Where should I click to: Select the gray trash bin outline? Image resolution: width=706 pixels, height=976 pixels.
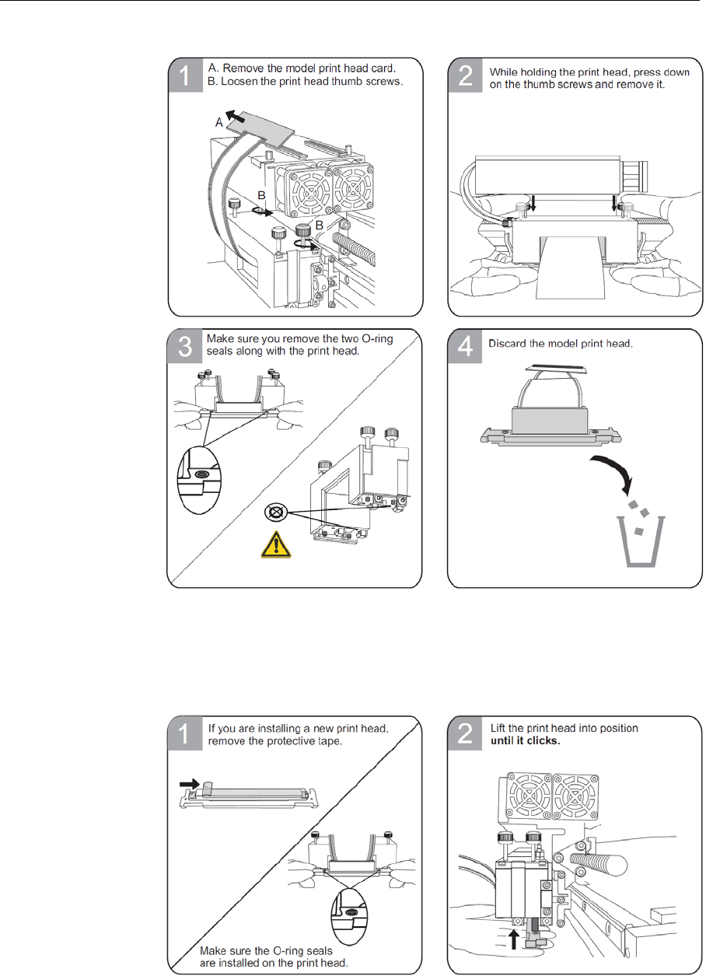click(639, 542)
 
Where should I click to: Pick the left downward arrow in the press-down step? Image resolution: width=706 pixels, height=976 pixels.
click(523, 204)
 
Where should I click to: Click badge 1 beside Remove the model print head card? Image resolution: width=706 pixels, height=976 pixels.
click(185, 76)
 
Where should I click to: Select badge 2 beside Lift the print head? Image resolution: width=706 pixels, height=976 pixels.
click(465, 734)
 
